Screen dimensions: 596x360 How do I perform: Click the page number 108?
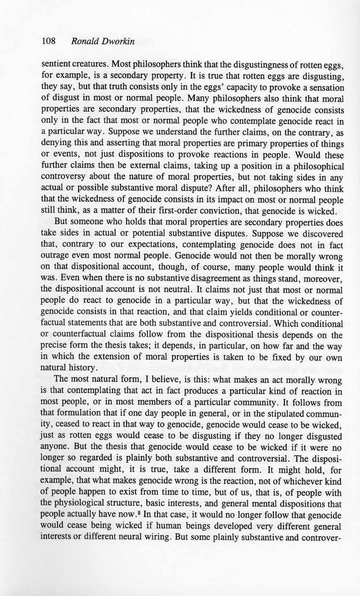(48, 42)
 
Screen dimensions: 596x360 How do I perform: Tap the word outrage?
(54, 256)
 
